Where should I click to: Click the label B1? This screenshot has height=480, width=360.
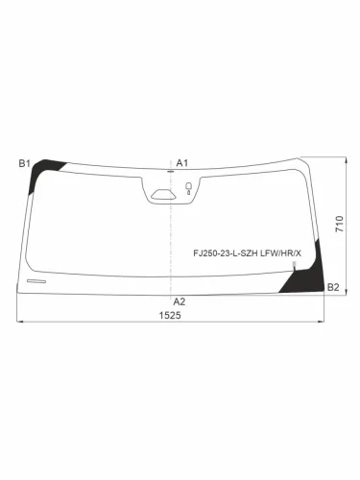point(24,163)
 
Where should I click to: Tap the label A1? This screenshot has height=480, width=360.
point(182,163)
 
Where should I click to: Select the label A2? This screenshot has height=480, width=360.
point(180,301)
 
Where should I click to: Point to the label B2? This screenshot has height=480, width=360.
point(333,287)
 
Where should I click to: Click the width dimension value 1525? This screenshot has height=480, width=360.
point(170,316)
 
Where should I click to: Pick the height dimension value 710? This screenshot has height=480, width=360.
point(340,224)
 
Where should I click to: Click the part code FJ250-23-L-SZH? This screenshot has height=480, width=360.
point(226,253)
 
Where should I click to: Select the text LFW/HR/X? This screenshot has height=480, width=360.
point(281,253)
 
